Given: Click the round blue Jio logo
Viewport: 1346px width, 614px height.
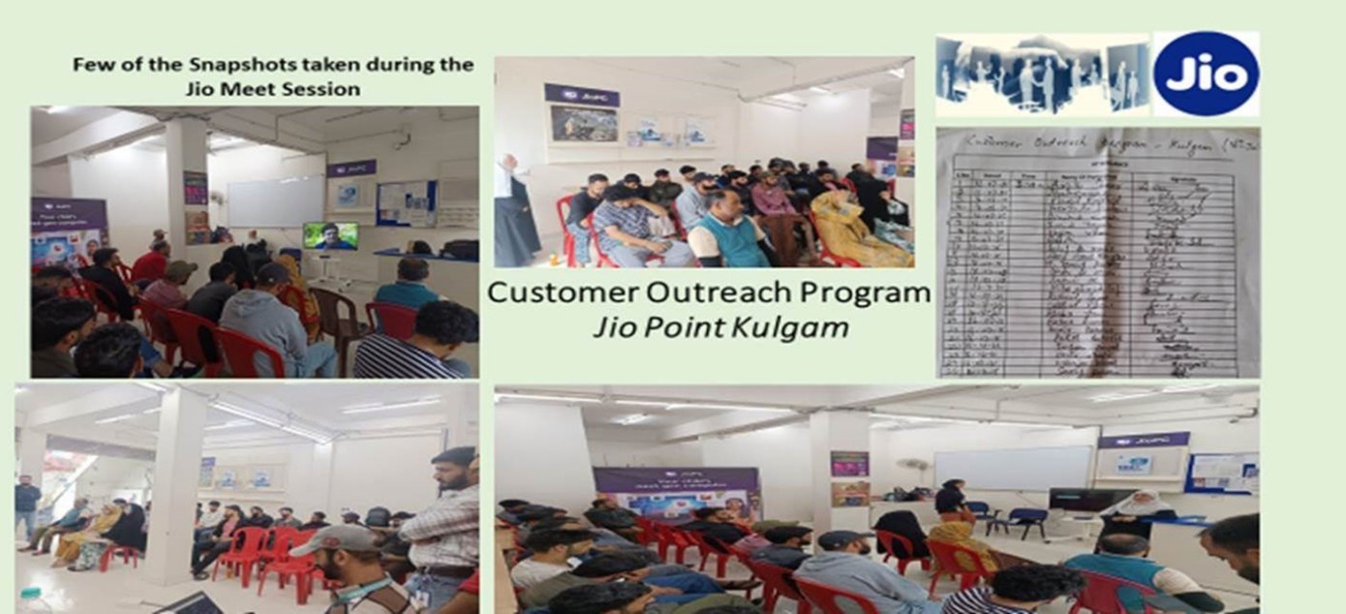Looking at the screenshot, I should (x=1207, y=74).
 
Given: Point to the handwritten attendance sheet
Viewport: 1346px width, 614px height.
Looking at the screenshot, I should (x=1097, y=255).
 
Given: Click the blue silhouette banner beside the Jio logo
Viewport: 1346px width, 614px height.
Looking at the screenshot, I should (x=1041, y=75).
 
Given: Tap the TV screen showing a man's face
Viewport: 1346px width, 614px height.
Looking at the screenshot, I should (x=329, y=235).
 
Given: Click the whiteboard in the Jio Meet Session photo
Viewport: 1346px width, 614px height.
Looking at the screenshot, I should (x=275, y=200).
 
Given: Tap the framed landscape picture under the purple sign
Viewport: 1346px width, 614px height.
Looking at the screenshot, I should (x=583, y=123).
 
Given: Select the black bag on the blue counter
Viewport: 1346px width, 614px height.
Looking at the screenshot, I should (x=459, y=249).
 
